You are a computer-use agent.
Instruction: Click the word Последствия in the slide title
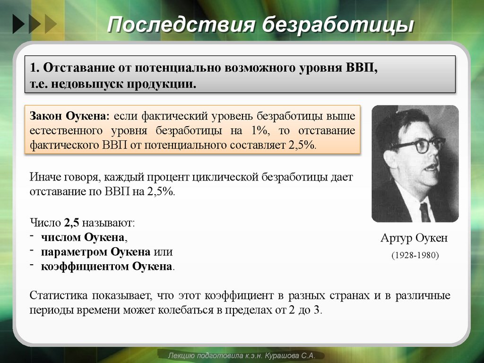pos(180,25)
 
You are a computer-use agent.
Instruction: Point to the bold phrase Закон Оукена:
pos(70,116)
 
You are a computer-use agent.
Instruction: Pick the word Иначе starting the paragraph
pos(45,177)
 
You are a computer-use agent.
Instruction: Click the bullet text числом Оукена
pos(84,237)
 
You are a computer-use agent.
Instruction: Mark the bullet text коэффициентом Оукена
pos(106,266)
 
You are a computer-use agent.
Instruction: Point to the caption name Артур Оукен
pos(414,238)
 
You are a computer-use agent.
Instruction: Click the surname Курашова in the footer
pos(286,355)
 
